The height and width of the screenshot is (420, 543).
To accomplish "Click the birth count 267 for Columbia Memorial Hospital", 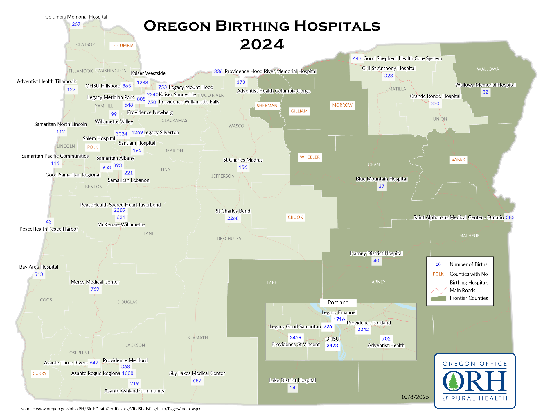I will click(x=76, y=24).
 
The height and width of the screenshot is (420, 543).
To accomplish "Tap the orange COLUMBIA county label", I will click(x=123, y=46).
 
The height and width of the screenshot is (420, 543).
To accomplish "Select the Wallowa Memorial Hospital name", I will click(x=485, y=85).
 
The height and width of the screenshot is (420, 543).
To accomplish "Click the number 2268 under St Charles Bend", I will click(x=233, y=218).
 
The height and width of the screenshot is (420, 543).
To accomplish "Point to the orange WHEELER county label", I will click(x=310, y=157).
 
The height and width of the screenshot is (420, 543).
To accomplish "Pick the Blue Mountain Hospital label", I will click(x=382, y=179).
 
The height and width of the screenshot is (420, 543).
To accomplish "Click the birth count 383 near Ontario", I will click(x=510, y=217).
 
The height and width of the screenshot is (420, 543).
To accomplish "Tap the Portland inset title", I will click(x=338, y=302).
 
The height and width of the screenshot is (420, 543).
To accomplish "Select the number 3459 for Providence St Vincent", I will click(x=295, y=337).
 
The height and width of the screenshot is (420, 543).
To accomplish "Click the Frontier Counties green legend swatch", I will click(x=438, y=299).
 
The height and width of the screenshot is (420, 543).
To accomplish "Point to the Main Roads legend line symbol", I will click(x=438, y=290).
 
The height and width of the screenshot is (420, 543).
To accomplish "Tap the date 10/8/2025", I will click(x=415, y=397).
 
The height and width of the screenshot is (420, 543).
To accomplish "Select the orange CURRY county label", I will click(x=39, y=373).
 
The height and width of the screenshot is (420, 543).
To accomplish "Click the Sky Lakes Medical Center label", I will click(x=197, y=373).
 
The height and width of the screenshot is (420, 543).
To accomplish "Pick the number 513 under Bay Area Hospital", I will click(x=39, y=274).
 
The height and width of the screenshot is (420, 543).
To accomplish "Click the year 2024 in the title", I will click(x=262, y=44).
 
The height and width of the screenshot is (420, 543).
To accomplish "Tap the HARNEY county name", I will click(x=377, y=282).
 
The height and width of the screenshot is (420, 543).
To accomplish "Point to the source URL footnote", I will click(x=111, y=409).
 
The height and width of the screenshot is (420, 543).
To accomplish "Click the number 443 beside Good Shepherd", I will click(x=357, y=58).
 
